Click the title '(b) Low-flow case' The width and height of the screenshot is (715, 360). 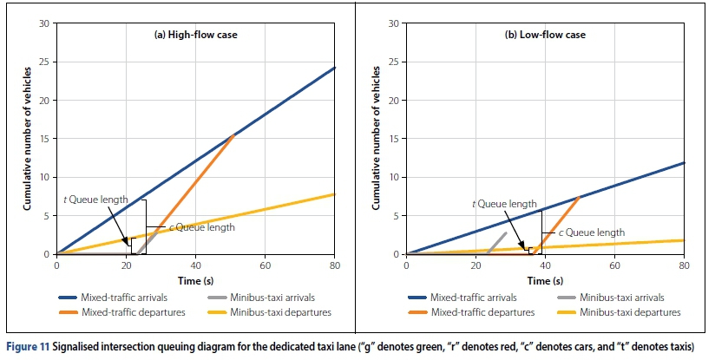tap(546, 35)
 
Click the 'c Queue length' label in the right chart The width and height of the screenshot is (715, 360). tap(591, 232)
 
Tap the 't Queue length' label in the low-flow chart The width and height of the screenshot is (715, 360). tap(504, 204)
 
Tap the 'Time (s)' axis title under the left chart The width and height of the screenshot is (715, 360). tap(195, 279)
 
